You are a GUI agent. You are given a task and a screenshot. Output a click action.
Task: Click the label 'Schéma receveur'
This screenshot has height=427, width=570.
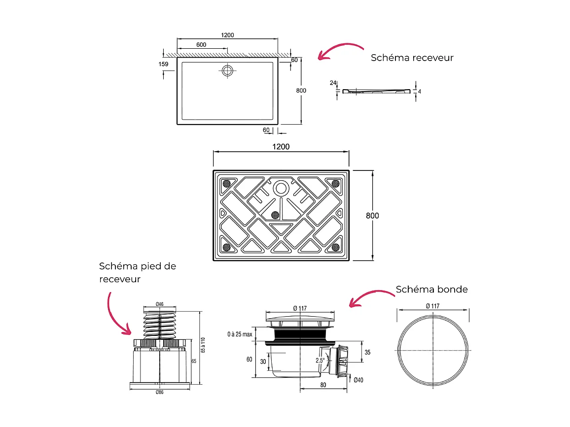click(x=412, y=58)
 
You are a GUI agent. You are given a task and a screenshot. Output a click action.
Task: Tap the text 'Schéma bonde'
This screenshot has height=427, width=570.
click(x=431, y=289)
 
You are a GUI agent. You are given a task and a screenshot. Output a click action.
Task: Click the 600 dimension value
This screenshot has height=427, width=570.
click(x=201, y=44)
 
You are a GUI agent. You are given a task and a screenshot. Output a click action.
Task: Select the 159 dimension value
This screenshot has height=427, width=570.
click(x=164, y=64)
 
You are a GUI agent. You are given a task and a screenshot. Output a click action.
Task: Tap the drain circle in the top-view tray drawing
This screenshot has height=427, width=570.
click(x=227, y=70)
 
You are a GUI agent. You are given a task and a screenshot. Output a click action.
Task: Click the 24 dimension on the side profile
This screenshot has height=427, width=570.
click(x=332, y=83)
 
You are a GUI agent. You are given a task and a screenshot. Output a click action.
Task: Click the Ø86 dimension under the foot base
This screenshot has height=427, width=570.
click(x=159, y=392)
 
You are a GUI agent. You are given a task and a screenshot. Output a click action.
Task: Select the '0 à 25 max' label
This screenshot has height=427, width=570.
click(x=240, y=334)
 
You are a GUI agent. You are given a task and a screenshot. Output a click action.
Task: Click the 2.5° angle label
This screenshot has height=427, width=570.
click(x=320, y=361)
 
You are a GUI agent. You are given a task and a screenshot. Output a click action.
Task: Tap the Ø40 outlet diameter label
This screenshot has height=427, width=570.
click(x=358, y=379)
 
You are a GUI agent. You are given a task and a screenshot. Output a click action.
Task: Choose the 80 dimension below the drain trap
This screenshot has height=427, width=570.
click(x=323, y=385)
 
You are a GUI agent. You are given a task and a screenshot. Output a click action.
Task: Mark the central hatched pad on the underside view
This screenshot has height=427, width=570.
click(x=275, y=215)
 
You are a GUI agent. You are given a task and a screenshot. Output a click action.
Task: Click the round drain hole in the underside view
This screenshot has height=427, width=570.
click(x=281, y=188)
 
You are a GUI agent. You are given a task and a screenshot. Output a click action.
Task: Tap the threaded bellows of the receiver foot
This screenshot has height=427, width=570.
click(x=159, y=326)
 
